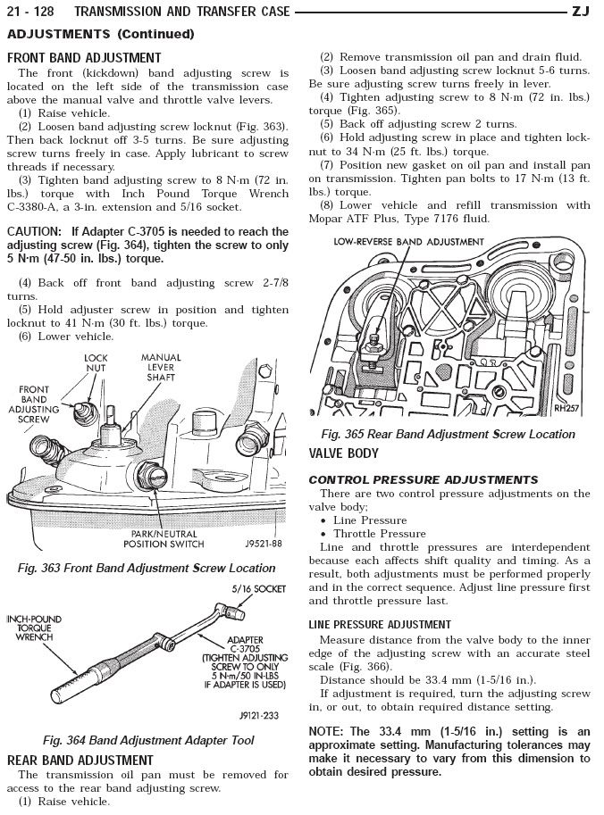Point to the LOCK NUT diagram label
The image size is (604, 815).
96,363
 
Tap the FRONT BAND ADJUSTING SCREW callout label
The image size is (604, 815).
34,404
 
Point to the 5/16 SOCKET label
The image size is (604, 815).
258,590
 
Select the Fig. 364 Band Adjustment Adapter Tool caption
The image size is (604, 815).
148,740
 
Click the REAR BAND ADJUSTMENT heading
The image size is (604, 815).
80,760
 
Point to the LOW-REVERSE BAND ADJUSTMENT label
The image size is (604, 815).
409,242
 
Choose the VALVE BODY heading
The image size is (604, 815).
344,453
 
